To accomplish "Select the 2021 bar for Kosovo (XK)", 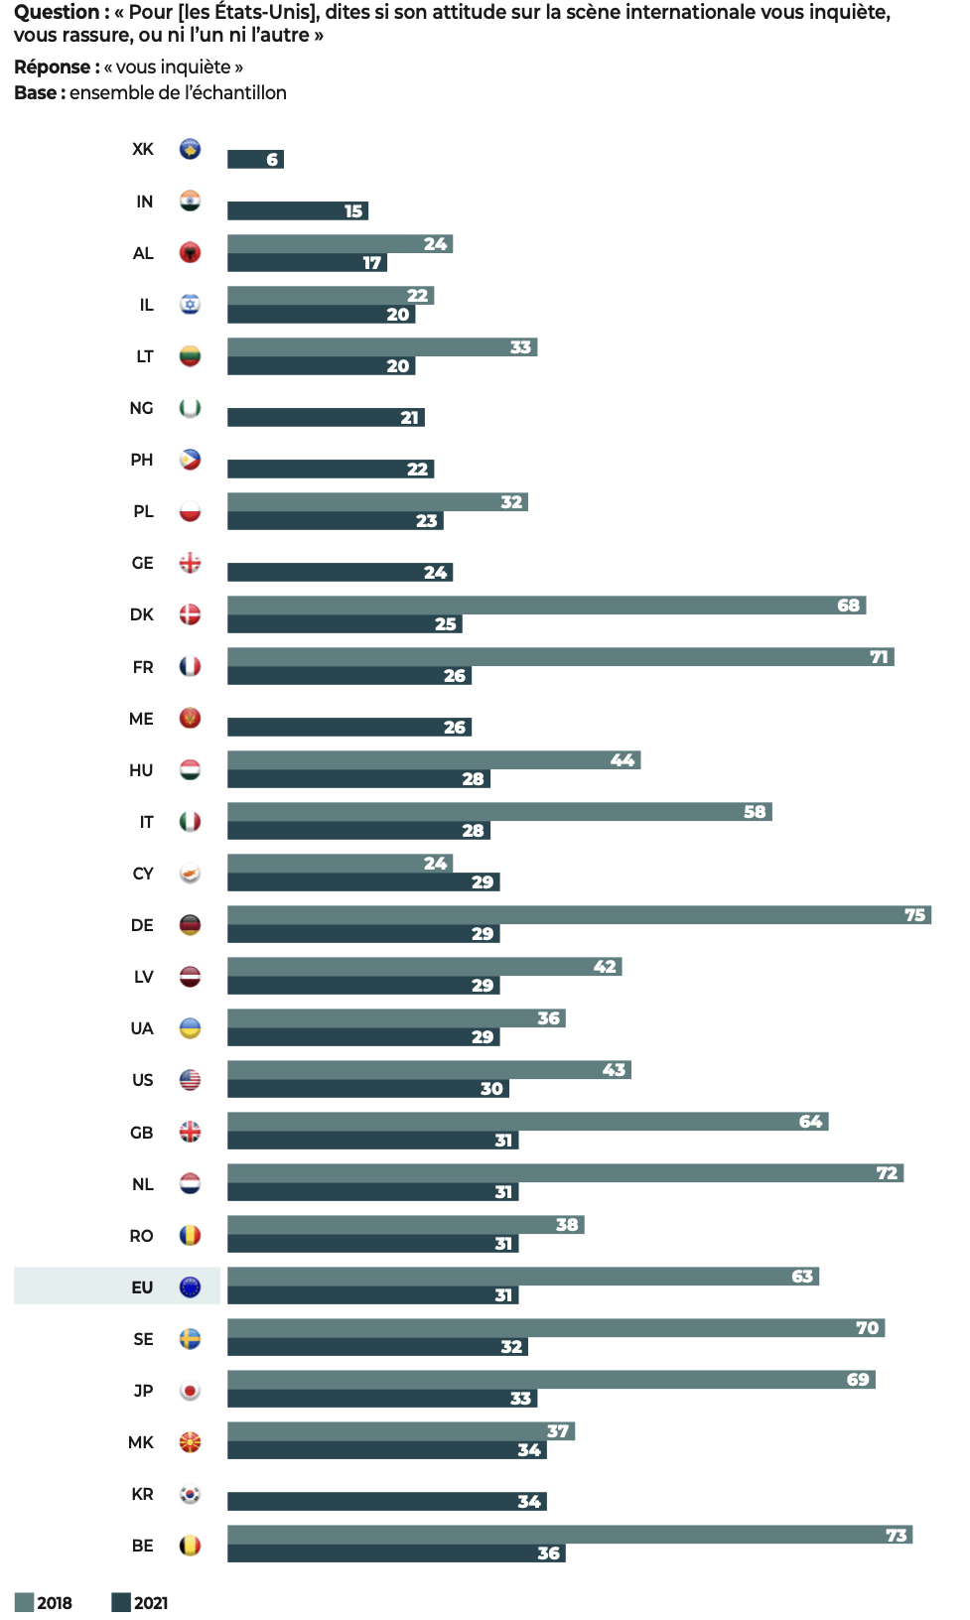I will [x=255, y=160].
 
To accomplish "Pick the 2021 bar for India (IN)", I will [x=297, y=211].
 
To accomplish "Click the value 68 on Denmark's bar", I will [x=848, y=606].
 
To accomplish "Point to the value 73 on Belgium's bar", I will [x=896, y=1536].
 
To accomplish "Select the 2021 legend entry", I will [x=140, y=1603].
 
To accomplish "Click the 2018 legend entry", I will [x=44, y=1603].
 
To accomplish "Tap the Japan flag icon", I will [x=191, y=1391].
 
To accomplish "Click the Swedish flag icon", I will [x=191, y=1339].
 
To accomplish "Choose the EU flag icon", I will [x=191, y=1287].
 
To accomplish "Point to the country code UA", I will [x=142, y=1028].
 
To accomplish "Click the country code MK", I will [x=141, y=1442].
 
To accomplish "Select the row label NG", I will [x=141, y=408].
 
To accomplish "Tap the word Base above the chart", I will [x=36, y=93].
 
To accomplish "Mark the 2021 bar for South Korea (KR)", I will [x=386, y=1502].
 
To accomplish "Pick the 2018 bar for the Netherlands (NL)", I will [x=565, y=1173].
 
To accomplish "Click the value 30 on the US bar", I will [x=491, y=1089].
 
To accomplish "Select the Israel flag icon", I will [x=191, y=305].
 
